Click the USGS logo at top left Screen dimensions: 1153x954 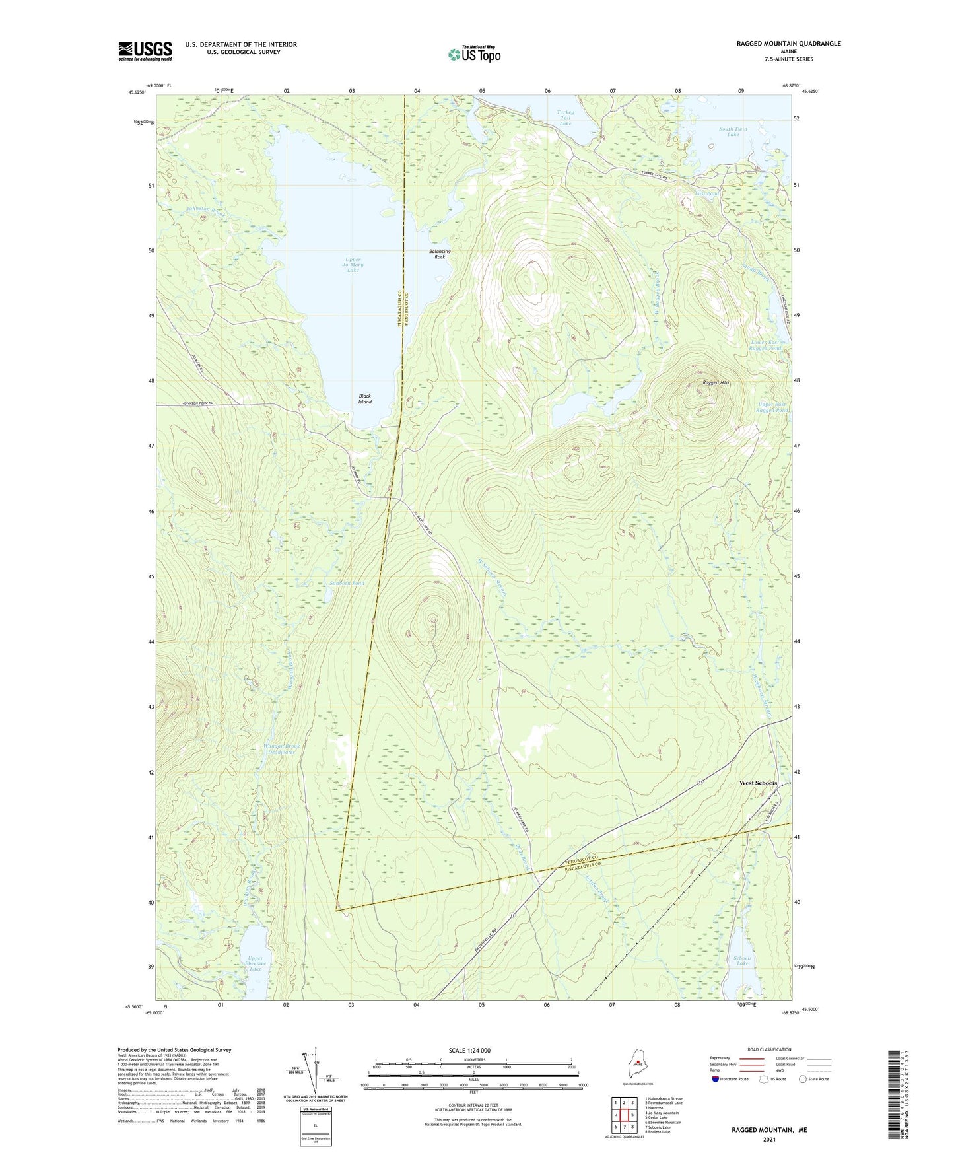point(145,51)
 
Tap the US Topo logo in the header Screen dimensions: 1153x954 point(474,54)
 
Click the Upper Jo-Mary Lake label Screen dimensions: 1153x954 point(353,265)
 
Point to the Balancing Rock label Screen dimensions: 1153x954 point(440,254)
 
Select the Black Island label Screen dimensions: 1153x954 point(364,399)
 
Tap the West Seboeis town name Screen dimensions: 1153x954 point(757,783)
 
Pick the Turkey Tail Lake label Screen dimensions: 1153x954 point(565,118)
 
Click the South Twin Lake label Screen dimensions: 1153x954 point(733,131)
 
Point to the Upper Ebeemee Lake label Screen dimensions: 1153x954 point(256,963)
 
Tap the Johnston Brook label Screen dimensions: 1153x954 point(206,211)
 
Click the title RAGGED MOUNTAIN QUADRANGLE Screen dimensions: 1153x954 point(788,44)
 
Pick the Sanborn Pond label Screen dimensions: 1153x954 point(347,584)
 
